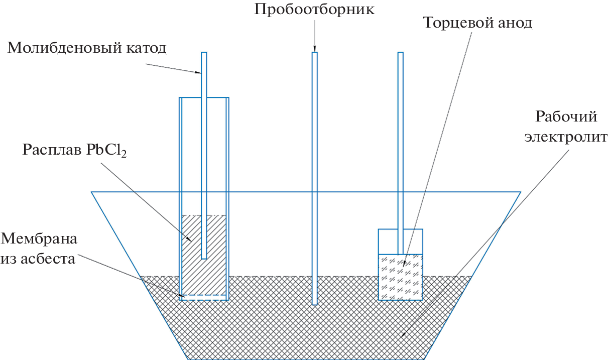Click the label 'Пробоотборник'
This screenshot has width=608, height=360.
click(314, 10)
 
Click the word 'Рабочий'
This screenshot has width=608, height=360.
click(566, 117)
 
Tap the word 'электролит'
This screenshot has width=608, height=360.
click(566, 137)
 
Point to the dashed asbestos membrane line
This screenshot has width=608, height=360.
click(204, 295)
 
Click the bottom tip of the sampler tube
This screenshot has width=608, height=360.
click(315, 303)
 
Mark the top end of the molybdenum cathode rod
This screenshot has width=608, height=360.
click(204, 54)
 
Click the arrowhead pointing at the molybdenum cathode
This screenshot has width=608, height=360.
click(199, 73)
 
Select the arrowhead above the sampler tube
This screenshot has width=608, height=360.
click(315, 49)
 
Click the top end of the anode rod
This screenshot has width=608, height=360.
click(400, 54)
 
